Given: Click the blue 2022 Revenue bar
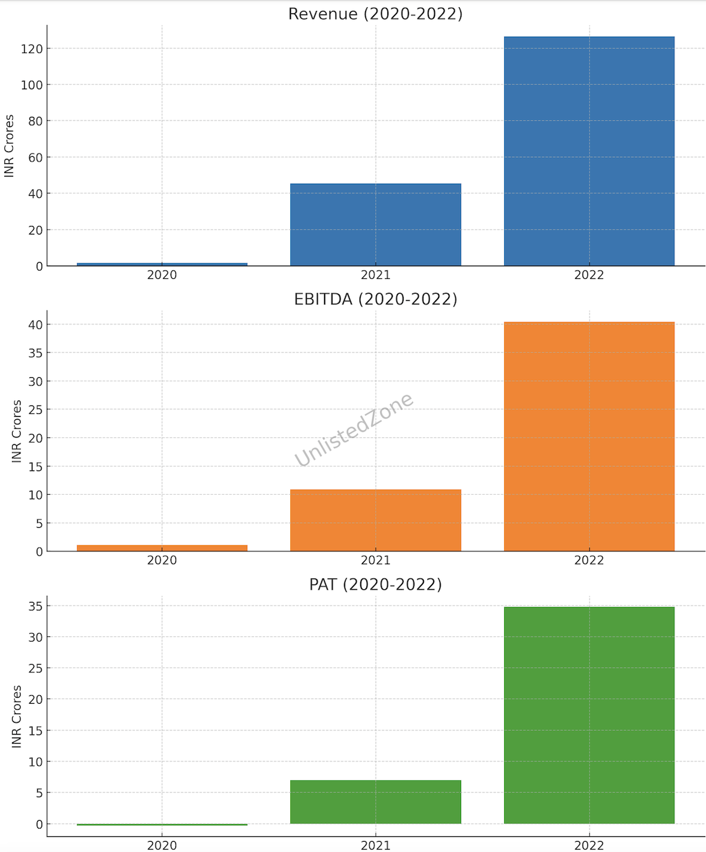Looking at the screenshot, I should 589,151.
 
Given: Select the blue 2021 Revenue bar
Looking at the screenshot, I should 375,224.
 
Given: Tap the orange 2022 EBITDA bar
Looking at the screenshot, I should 589,436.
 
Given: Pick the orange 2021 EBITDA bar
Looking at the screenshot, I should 375,520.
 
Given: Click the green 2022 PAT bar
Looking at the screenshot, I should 589,715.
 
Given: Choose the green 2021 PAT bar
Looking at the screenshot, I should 375,801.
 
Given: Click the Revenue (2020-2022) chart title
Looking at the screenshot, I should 375,14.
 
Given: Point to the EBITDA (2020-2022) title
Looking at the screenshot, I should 375,299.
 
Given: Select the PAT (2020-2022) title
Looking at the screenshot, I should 375,584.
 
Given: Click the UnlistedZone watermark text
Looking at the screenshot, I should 354,429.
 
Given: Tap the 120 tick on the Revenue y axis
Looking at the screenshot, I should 31,49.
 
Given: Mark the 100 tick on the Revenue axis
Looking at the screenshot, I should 31,85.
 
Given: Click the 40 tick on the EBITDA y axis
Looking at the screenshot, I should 36,325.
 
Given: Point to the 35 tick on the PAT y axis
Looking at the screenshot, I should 36,606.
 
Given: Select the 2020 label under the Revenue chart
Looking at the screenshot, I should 162,275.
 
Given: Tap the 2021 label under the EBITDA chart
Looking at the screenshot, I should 375,560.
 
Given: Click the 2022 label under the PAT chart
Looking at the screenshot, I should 589,845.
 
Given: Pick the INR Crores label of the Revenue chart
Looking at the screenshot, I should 9,146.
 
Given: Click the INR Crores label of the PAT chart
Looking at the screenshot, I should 16,716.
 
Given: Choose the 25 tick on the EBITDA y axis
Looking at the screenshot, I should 36,410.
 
